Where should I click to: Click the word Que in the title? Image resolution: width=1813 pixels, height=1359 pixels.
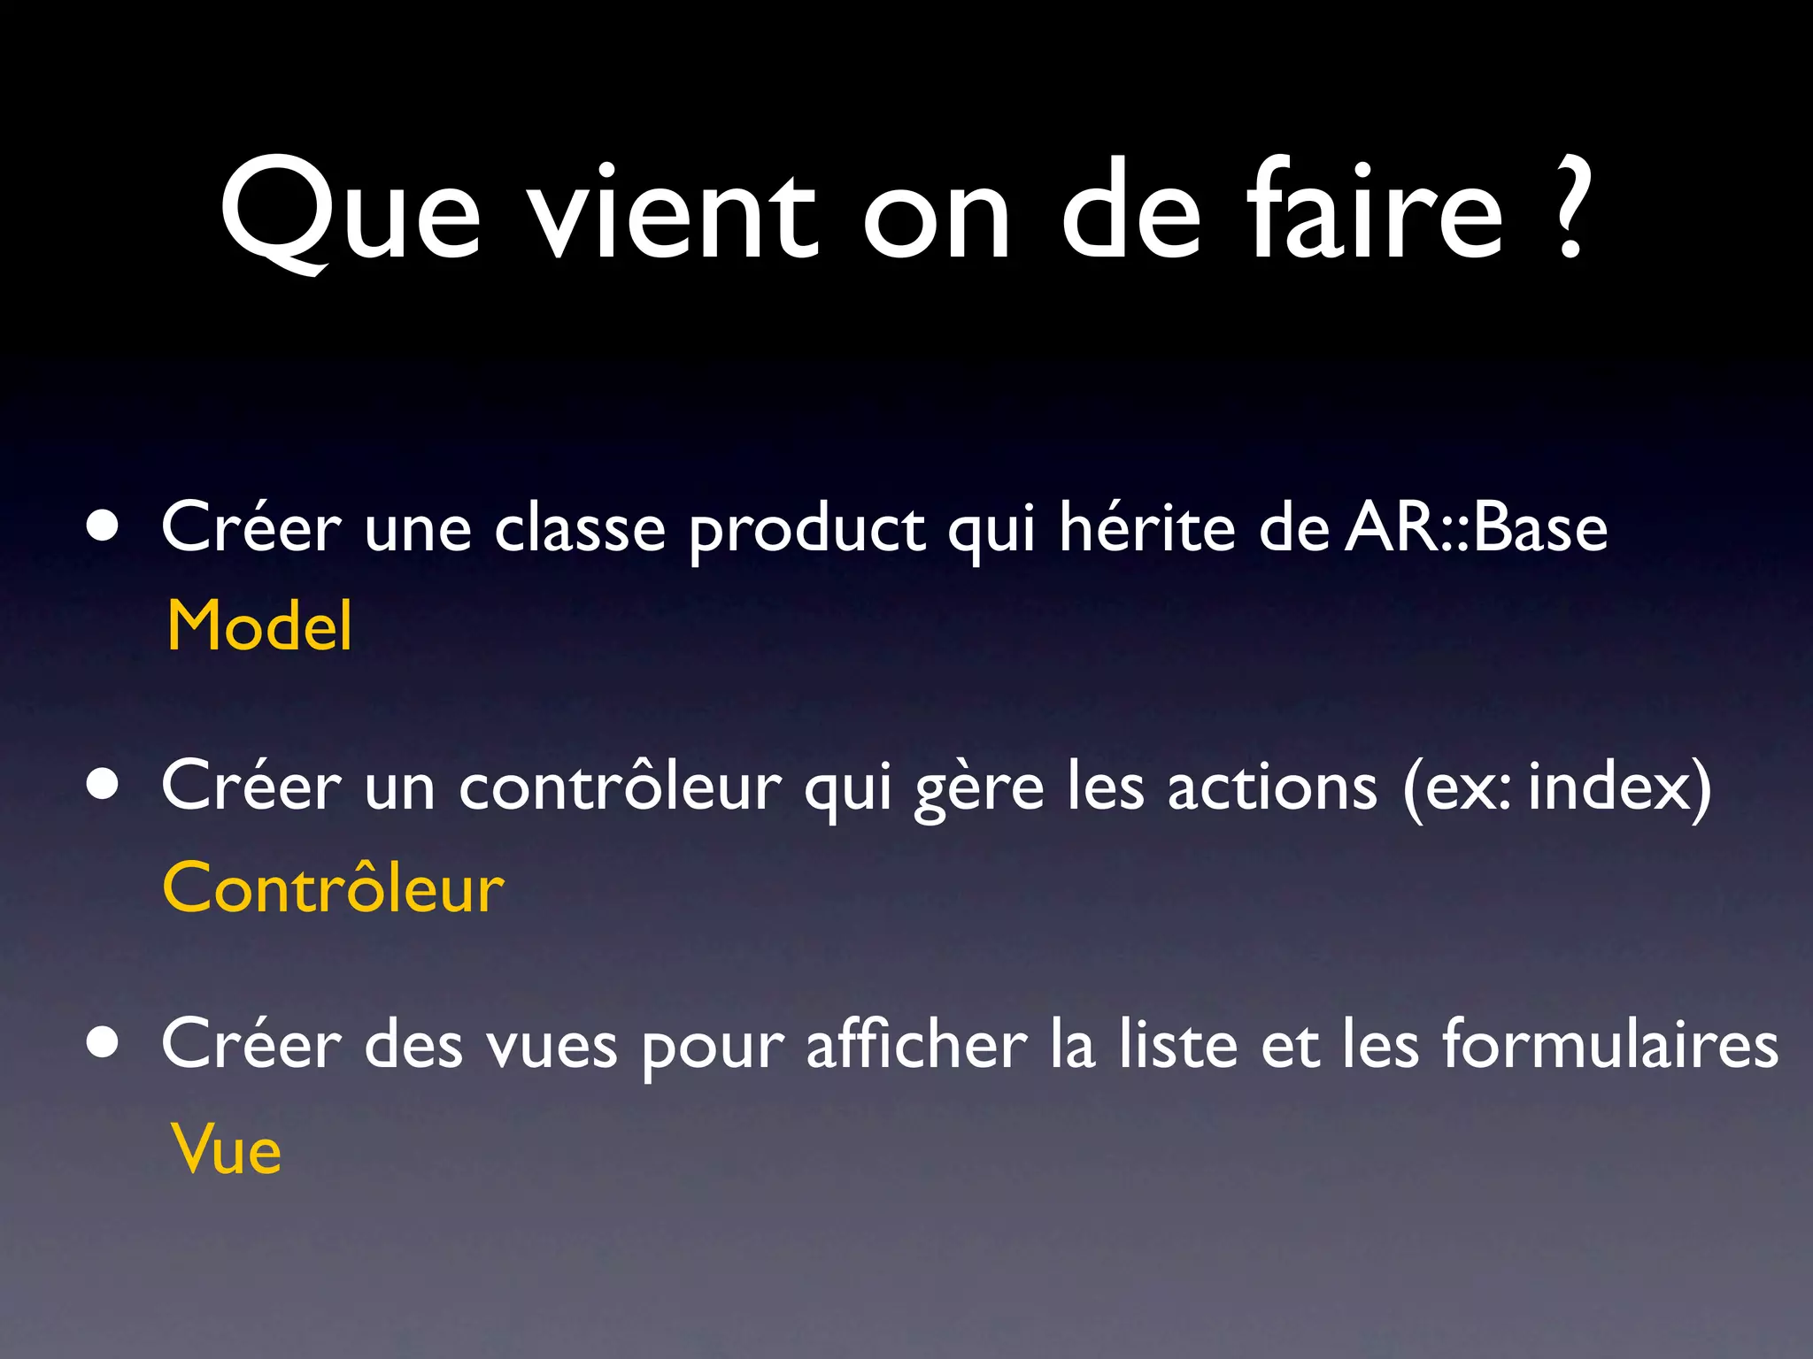350,212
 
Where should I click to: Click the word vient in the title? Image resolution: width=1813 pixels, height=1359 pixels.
673,212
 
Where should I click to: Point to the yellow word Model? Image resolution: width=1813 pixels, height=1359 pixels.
259,626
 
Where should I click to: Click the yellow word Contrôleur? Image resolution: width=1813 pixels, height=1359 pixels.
333,887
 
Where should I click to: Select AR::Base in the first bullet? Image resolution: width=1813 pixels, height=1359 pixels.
1476,528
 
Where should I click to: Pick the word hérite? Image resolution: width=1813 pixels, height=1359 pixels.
1147,527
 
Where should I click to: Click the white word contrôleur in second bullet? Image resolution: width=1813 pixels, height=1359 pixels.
620,786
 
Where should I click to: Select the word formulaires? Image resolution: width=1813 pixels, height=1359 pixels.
1609,1044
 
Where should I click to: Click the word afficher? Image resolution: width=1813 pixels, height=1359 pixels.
916,1044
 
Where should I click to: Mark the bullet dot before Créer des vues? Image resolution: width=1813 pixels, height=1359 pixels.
104,1042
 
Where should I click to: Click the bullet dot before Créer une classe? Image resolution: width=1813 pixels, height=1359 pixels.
104,526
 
